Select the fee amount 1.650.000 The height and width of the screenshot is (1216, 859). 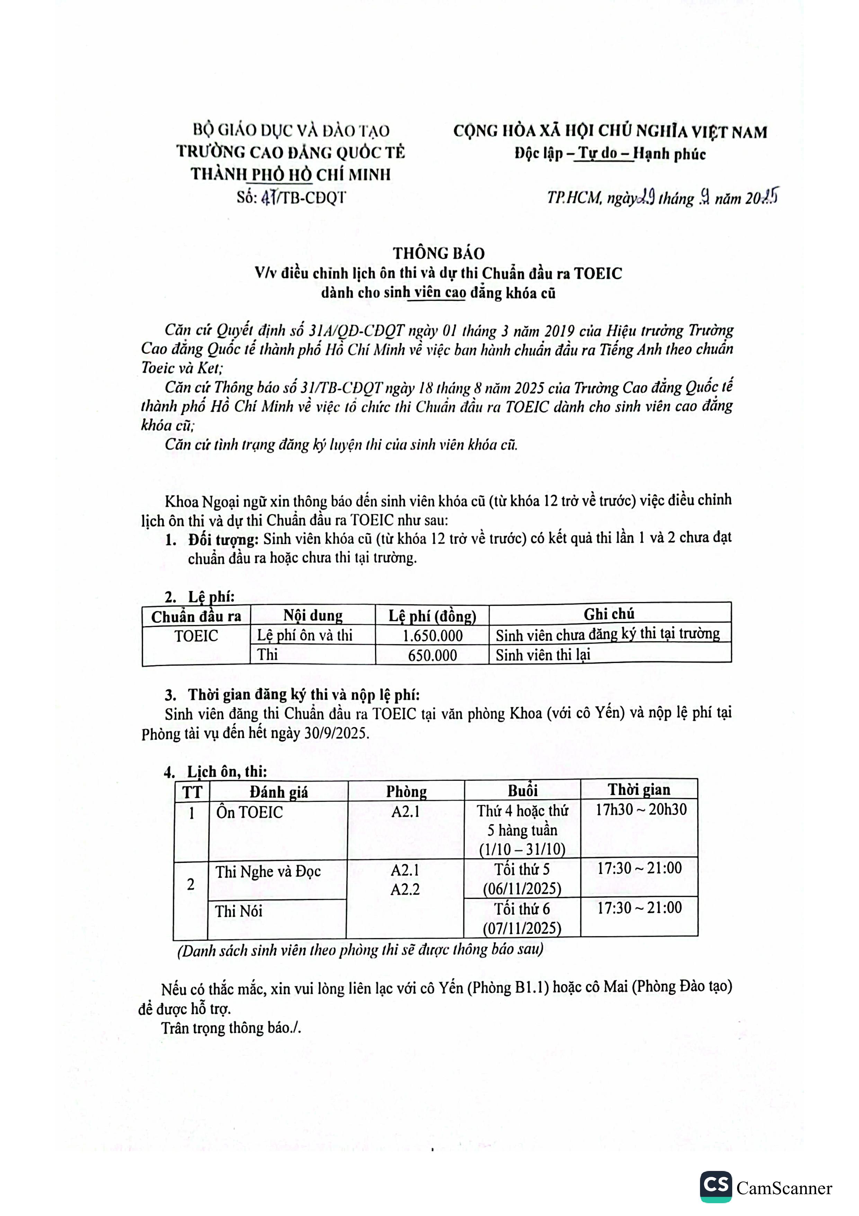432,636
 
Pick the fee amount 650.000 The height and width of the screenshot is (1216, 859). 432,655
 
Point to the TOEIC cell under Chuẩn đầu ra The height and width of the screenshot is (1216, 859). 196,636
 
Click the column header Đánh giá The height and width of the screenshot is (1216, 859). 278,792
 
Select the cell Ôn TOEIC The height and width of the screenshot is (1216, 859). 249,812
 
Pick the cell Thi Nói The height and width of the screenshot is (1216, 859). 239,911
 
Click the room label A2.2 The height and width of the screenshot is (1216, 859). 405,890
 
